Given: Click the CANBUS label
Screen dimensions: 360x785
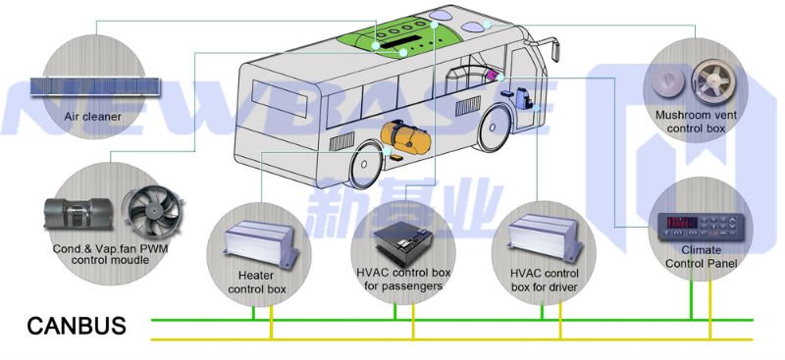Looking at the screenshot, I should tap(76, 326).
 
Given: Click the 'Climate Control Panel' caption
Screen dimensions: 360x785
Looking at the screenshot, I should tap(701, 257).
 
